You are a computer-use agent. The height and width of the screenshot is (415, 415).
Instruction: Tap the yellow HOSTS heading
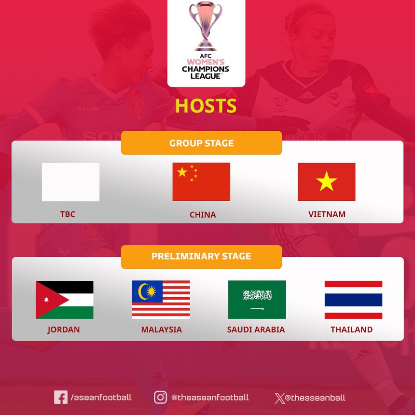(206, 106)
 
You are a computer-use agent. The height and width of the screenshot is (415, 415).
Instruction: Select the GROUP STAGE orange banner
(201, 143)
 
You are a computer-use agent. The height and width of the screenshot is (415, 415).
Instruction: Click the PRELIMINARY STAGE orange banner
(201, 256)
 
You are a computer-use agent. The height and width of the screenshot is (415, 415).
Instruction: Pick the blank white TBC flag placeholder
(70, 182)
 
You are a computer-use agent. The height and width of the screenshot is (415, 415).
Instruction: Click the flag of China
(201, 182)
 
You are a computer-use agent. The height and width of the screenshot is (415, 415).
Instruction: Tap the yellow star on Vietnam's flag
(327, 182)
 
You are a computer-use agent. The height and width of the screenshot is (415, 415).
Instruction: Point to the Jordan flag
(64, 300)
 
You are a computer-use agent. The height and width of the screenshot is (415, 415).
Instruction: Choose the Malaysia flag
(161, 300)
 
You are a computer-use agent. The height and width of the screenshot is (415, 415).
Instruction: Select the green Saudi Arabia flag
(257, 300)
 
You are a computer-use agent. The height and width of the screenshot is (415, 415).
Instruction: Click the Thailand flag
(353, 300)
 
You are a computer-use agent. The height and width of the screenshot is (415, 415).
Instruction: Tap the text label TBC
(68, 214)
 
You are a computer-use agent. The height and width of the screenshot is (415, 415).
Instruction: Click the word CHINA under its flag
(203, 215)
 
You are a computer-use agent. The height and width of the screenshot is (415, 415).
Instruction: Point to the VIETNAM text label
(327, 214)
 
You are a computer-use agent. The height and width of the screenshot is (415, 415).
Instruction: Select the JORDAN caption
(64, 330)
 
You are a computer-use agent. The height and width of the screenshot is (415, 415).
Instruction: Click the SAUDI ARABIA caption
(256, 330)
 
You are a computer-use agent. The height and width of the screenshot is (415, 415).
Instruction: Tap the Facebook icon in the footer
(61, 397)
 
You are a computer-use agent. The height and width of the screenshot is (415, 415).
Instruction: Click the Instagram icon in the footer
(160, 397)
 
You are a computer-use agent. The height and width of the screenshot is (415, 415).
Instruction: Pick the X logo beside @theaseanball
(279, 398)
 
